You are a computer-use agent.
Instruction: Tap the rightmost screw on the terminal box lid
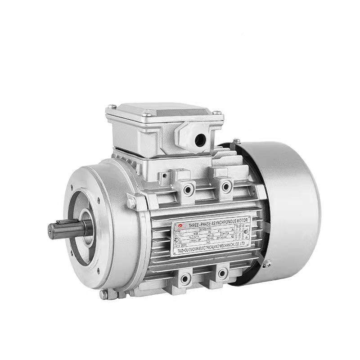pyautogui.click(x=217, y=113)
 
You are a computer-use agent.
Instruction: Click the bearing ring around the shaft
pyautogui.click(x=85, y=227)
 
